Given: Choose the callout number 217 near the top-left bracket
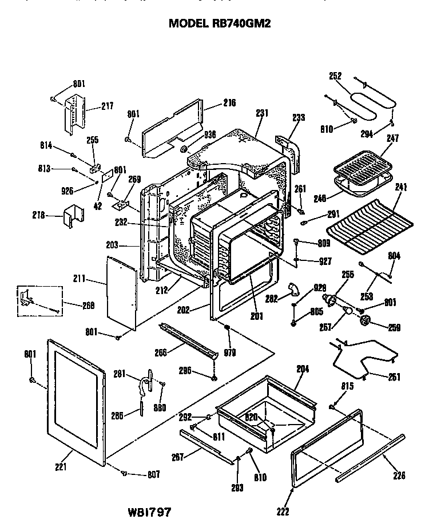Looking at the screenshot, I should tap(107, 106).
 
